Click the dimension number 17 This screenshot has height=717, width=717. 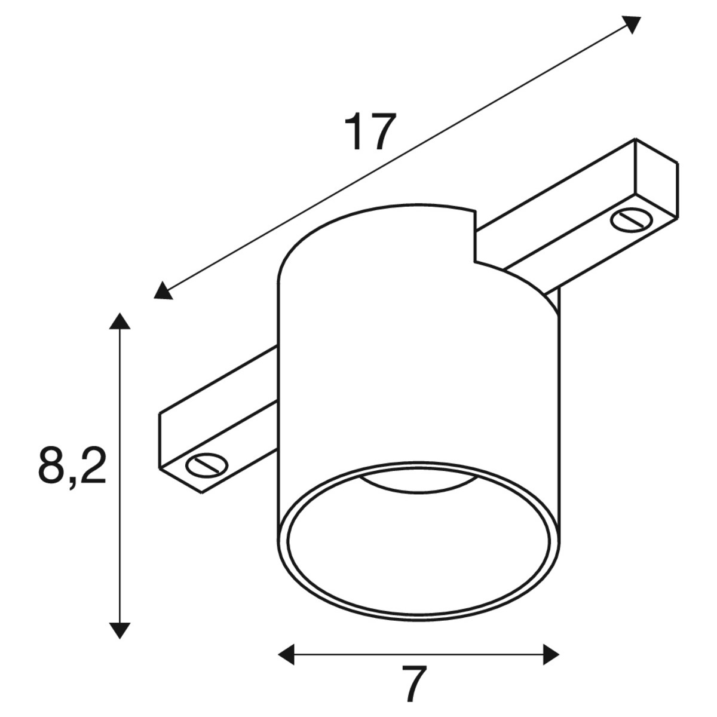(x=369, y=131)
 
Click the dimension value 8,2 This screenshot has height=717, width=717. (x=72, y=467)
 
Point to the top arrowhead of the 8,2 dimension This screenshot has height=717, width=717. (x=120, y=321)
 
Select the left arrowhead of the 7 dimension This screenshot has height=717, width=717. (x=287, y=654)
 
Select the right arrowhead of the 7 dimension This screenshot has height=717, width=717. (x=551, y=654)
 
